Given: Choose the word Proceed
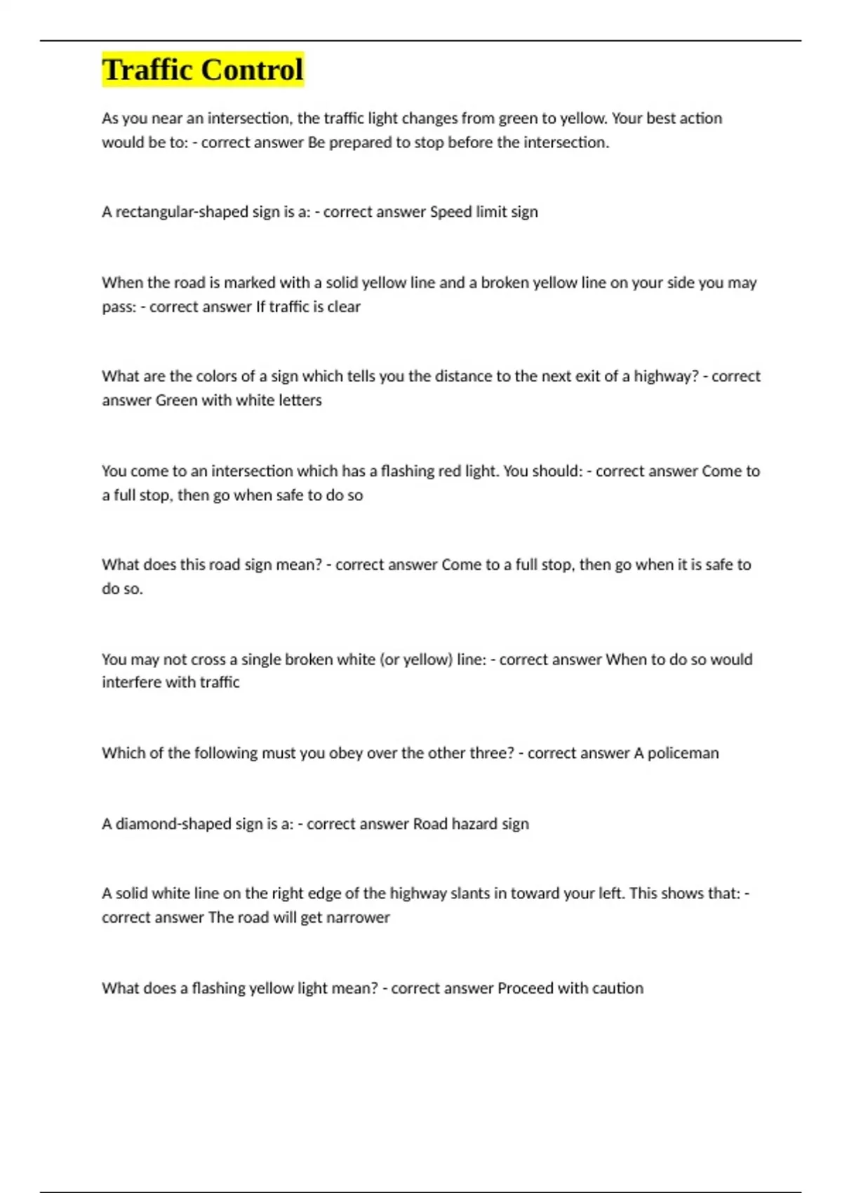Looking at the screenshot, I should (x=525, y=988).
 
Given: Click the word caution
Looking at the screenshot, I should (x=617, y=988).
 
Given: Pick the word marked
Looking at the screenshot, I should (x=249, y=283).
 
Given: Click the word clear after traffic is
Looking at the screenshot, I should (x=344, y=307).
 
